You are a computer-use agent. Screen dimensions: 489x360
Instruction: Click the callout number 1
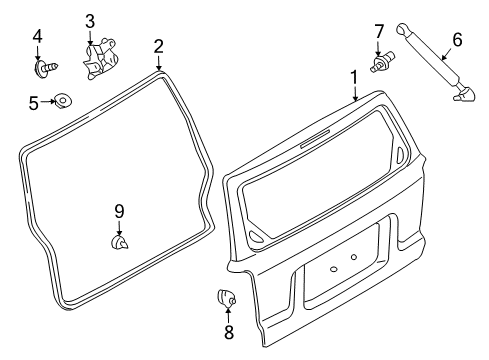click(x=354, y=77)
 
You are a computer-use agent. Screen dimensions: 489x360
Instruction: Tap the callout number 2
click(x=159, y=47)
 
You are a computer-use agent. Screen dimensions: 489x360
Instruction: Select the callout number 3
click(x=90, y=22)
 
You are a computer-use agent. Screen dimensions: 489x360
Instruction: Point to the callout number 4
click(x=37, y=36)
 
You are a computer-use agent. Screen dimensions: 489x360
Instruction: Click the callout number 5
click(x=34, y=103)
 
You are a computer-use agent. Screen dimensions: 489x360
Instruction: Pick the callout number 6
click(x=457, y=40)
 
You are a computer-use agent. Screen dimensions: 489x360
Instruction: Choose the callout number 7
click(x=379, y=32)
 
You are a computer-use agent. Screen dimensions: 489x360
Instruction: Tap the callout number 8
click(x=229, y=332)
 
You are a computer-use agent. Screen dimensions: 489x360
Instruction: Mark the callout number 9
click(x=119, y=211)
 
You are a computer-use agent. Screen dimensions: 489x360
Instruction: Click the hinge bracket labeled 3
click(x=99, y=59)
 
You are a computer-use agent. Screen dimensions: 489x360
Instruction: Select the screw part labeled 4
click(x=46, y=68)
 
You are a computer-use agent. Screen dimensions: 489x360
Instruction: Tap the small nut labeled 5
click(x=63, y=100)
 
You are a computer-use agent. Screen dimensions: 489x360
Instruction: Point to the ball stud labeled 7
click(x=382, y=62)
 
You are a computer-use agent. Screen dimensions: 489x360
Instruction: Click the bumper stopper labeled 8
click(x=226, y=297)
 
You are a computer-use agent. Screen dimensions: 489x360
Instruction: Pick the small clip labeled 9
click(x=119, y=242)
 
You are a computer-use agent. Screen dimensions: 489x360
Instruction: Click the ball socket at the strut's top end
click(x=402, y=29)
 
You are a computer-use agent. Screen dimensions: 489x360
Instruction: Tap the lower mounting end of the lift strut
click(x=464, y=93)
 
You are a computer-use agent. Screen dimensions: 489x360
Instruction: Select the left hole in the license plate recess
click(x=333, y=269)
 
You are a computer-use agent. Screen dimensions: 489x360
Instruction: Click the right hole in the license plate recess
click(x=354, y=257)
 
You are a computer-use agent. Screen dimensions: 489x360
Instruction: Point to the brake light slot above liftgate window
click(x=315, y=139)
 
